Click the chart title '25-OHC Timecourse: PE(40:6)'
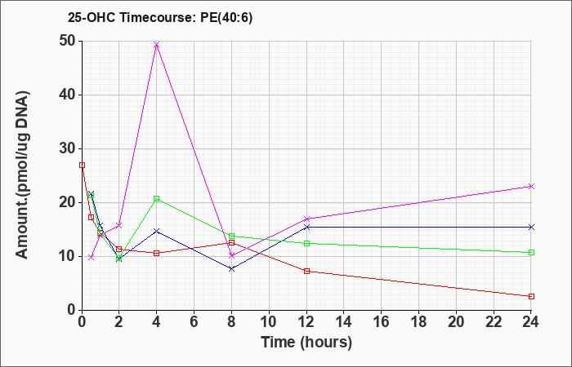click(x=160, y=18)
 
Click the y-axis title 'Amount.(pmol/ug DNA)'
click(x=23, y=175)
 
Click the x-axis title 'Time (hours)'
click(x=306, y=343)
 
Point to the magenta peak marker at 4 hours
click(x=157, y=45)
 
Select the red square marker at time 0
click(x=82, y=165)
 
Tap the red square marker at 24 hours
click(x=531, y=296)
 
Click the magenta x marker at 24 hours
click(x=531, y=187)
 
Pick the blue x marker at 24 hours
click(x=531, y=228)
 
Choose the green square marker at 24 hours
click(x=531, y=252)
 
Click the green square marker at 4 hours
click(x=157, y=198)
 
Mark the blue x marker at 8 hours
click(x=231, y=268)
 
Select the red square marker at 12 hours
click(x=306, y=271)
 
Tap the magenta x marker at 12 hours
click(x=306, y=219)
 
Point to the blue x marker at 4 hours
click(x=157, y=231)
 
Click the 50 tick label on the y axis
click(x=67, y=41)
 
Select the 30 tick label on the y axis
click(x=67, y=149)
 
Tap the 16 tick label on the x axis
click(x=381, y=322)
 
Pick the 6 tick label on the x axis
click(x=194, y=322)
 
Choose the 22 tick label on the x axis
click(x=494, y=322)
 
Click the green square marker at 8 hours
click(x=231, y=236)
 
